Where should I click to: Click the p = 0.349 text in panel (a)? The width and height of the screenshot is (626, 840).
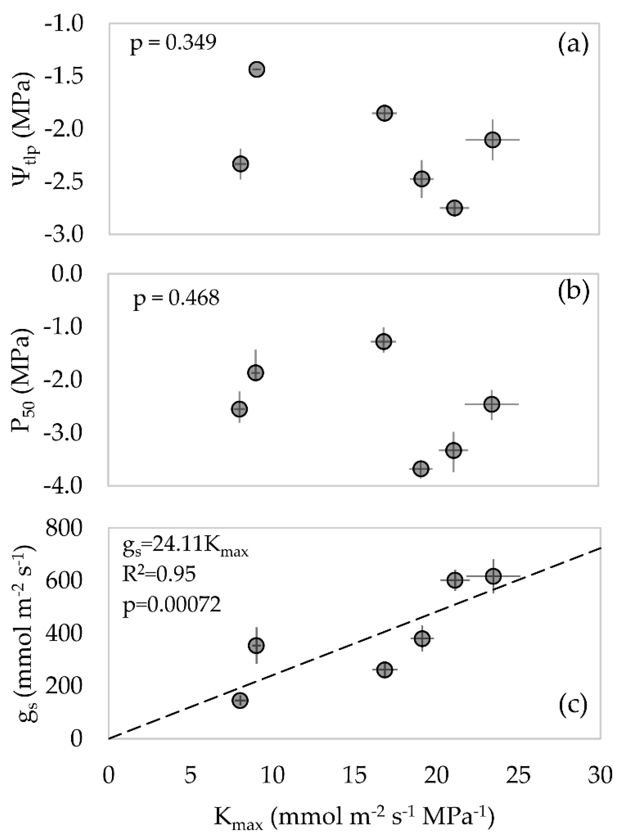tap(173, 45)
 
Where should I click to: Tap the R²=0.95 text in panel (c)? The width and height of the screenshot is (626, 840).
tap(159, 575)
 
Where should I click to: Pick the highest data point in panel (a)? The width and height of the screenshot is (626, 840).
tap(257, 69)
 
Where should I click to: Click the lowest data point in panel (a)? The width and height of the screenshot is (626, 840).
tap(455, 208)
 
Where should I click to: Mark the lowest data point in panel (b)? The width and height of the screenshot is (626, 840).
tap(421, 468)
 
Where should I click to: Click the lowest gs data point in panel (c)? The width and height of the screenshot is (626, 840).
tap(240, 700)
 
